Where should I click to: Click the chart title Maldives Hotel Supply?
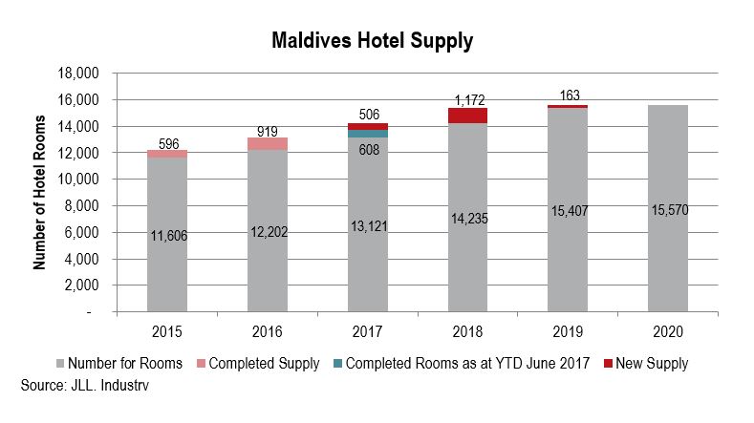pos(373,41)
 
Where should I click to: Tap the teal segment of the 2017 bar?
pos(367,134)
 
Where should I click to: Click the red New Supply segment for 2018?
pos(467,116)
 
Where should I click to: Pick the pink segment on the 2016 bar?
pos(267,144)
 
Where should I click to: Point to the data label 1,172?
pos(468,98)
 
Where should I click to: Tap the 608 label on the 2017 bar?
pos(367,149)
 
